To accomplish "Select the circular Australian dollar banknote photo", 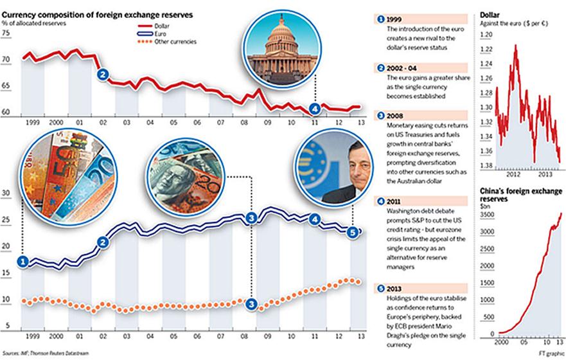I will tap(188, 167).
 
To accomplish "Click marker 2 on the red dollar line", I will tap(102, 75).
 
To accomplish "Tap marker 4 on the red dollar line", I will tap(315, 107).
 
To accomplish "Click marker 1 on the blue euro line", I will tap(23, 262).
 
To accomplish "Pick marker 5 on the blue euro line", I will tap(351, 232).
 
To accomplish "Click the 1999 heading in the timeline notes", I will tap(396, 19).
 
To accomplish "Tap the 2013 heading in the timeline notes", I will tap(396, 289).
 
